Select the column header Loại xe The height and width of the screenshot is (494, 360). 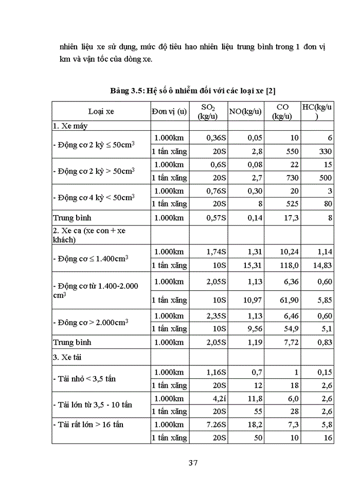pos(101,111)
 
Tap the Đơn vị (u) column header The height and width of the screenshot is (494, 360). pos(169,111)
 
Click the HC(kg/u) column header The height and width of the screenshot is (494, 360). pos(317,111)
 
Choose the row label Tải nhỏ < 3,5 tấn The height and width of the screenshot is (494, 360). pos(85,378)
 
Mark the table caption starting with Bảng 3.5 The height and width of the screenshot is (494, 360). pos(193,91)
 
